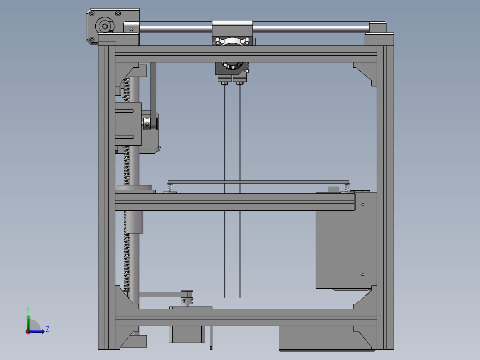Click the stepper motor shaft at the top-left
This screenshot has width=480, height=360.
[x=105, y=26]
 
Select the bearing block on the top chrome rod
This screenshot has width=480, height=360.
[x=232, y=29]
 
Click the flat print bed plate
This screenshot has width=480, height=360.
[x=258, y=182]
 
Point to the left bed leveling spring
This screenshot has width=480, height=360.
[x=170, y=188]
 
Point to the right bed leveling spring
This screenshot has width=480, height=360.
[x=347, y=188]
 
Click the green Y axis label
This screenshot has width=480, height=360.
[x=28, y=309]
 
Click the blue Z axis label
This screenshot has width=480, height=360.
[x=47, y=329]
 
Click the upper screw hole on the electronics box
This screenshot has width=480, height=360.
[x=363, y=205]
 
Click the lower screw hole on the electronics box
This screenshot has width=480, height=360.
[x=363, y=274]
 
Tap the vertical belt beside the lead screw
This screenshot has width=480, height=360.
[x=153, y=89]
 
